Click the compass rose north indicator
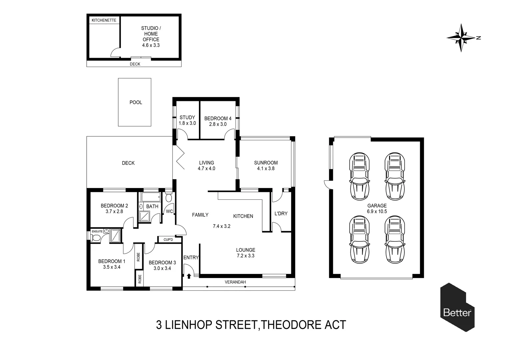click(461, 38)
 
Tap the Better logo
click(457, 307)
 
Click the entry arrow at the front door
click(189, 276)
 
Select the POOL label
click(136, 102)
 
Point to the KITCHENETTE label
click(104, 20)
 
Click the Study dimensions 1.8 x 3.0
click(187, 123)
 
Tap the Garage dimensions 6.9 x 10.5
click(377, 211)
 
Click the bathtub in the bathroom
click(151, 197)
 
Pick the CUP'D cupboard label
click(168, 240)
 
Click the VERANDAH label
click(235, 282)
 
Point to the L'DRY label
click(281, 214)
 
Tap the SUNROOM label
click(265, 163)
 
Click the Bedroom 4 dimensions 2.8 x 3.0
click(218, 124)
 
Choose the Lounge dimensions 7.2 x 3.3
click(246, 256)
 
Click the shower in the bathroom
click(144, 216)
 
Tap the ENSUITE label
click(97, 232)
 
